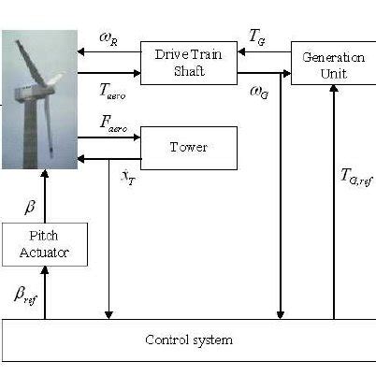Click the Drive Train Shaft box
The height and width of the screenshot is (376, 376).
tap(185, 63)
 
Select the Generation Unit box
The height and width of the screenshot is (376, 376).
tap(333, 63)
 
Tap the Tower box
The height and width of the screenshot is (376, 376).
tap(187, 147)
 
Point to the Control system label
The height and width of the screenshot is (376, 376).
tap(188, 340)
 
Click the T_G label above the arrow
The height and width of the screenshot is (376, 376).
tap(256, 35)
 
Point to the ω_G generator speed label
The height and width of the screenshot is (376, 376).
tap(256, 91)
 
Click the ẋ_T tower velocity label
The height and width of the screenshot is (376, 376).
tap(127, 177)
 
